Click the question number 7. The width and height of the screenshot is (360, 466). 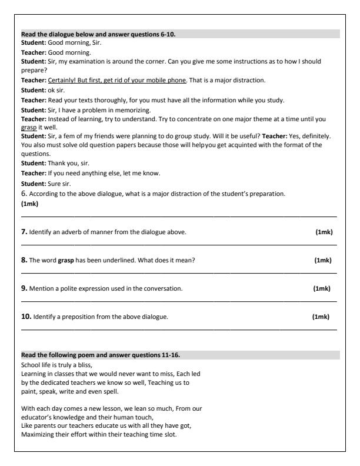tap(25, 232)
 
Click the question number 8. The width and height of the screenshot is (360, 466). tap(25, 260)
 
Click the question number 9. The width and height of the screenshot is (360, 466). tap(25, 288)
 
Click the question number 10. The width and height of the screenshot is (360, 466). tap(26, 317)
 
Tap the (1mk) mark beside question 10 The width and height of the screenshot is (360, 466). tap(321, 317)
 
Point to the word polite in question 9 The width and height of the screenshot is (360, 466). tap(66, 289)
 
